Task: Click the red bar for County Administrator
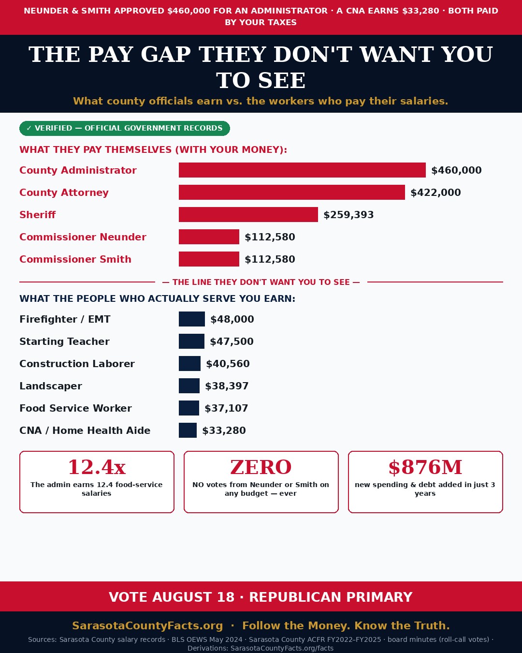coord(302,170)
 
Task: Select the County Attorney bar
coord(292,192)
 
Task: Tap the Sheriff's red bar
coord(248,215)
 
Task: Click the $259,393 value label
coord(348,215)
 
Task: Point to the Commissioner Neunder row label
coord(83,237)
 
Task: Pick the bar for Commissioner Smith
coord(209,259)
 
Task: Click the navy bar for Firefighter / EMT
coord(192,319)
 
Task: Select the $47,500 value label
coord(232,341)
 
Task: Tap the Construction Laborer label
coord(77,364)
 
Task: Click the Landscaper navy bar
coord(189,386)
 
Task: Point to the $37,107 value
coord(226,408)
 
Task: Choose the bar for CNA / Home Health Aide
coord(188,430)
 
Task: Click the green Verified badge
coord(125,128)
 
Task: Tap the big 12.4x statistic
coord(97,467)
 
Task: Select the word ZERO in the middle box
coord(261,467)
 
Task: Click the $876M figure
coord(425,467)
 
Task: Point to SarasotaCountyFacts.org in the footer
coord(147,625)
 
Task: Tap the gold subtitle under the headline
coord(261,101)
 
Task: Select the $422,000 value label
coord(435,193)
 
